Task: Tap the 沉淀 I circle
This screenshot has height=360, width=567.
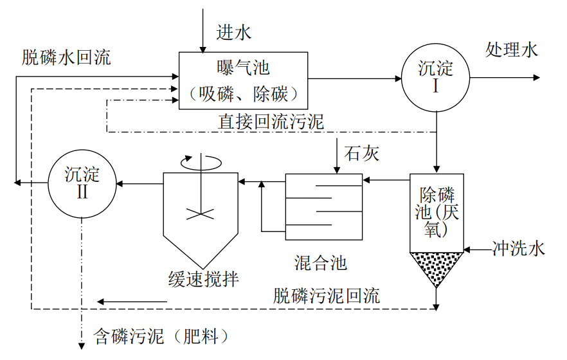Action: click(435, 77)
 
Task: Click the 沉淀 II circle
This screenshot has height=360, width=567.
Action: click(82, 183)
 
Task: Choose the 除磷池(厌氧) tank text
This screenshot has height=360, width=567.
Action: click(437, 212)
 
